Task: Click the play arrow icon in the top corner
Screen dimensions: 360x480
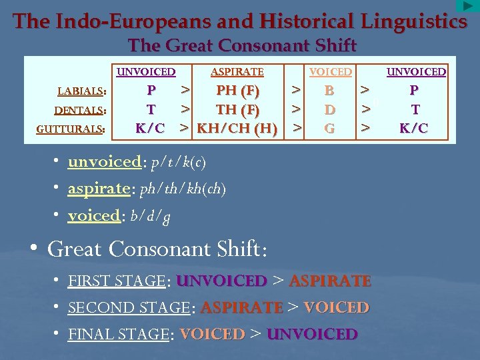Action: [x=467, y=6]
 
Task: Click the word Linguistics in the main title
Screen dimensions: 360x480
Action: [x=413, y=21]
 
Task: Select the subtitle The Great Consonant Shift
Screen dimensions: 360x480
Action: [x=243, y=45]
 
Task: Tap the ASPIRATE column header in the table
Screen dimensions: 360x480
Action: [x=237, y=71]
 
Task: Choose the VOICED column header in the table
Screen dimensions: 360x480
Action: [x=330, y=71]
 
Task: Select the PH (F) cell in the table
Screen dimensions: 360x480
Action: [x=237, y=90]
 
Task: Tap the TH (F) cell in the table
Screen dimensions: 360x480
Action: [x=237, y=109]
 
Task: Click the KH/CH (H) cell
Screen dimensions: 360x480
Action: [x=237, y=128]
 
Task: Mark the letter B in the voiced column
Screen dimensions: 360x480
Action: [x=329, y=90]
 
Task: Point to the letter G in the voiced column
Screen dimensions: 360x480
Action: [x=329, y=128]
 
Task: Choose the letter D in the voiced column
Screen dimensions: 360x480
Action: [x=329, y=109]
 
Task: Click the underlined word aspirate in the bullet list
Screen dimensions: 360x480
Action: [x=98, y=189]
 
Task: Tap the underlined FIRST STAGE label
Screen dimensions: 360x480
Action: [x=116, y=281]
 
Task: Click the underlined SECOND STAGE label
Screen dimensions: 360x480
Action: [x=129, y=308]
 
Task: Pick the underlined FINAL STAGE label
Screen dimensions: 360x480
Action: [x=118, y=334]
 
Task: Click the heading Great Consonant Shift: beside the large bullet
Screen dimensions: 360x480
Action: [x=157, y=249]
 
